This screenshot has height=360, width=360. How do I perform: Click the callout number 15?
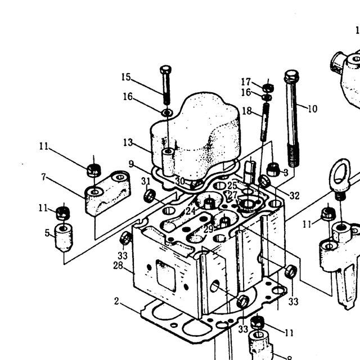point(126,77)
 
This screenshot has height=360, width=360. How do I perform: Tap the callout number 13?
point(128,142)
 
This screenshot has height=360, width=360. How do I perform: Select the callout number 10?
point(313,109)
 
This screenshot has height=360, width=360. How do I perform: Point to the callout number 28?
point(118,265)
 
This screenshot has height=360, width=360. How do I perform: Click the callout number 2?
point(116,301)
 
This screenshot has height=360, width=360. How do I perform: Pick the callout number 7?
point(44,177)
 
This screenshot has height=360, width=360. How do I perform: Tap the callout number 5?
point(47,233)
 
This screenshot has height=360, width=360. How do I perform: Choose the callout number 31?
point(146,181)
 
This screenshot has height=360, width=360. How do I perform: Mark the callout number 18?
point(247,111)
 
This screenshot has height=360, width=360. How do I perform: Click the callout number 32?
point(295,196)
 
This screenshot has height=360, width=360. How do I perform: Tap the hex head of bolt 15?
point(166,69)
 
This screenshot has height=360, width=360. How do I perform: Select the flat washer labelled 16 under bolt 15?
point(167,112)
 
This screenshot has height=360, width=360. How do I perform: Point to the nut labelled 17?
point(268,88)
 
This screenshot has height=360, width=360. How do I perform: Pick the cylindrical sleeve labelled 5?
point(64,237)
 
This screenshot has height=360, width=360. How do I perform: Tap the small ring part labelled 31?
point(150,196)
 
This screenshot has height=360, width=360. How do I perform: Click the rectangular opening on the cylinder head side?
point(165,275)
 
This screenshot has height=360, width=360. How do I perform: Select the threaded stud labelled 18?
point(265,121)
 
